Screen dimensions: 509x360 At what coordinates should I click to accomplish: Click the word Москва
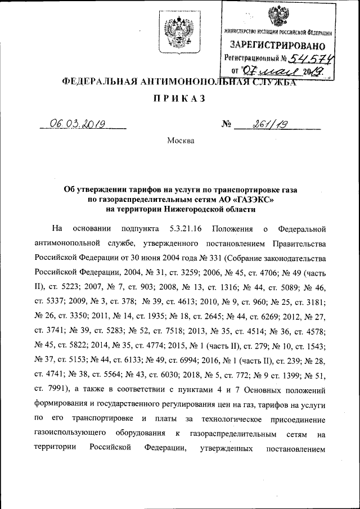(181, 140)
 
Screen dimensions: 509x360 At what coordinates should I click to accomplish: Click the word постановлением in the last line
(294, 448)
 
